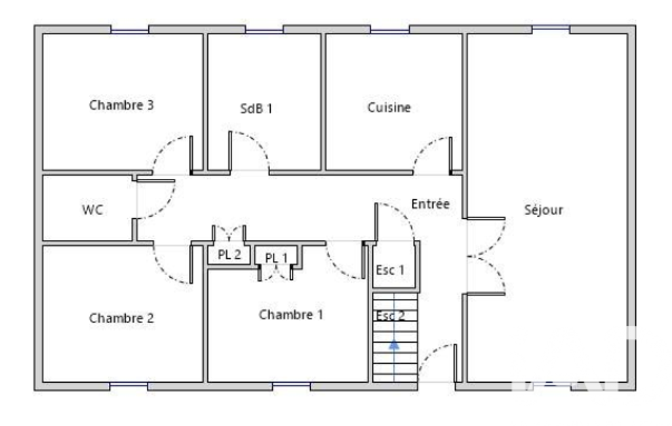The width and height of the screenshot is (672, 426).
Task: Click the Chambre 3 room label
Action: pyautogui.click(x=121, y=105)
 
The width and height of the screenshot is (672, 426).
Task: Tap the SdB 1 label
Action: pyautogui.click(x=256, y=108)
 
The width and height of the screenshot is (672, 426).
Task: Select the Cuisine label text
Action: pyautogui.click(x=389, y=107)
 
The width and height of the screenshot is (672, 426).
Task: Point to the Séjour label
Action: pyautogui.click(x=544, y=210)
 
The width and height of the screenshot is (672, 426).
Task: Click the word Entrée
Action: pyautogui.click(x=430, y=204)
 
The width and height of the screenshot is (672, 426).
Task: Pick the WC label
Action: pyautogui.click(x=92, y=210)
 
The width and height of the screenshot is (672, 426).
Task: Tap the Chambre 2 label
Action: pyautogui.click(x=121, y=318)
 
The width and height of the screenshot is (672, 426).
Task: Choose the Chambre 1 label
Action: pyautogui.click(x=290, y=315)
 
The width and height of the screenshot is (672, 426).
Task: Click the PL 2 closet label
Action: pyautogui.click(x=229, y=254)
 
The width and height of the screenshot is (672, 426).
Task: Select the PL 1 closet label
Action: pyautogui.click(x=276, y=258)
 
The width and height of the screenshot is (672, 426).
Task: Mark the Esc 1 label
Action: pyautogui.click(x=389, y=270)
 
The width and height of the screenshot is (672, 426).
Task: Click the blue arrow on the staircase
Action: pyautogui.click(x=394, y=344)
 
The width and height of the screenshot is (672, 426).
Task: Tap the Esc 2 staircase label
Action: pyautogui.click(x=390, y=316)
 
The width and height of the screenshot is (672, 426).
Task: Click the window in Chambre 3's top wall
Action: pyautogui.click(x=129, y=30)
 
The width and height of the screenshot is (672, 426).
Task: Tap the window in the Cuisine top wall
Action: pyautogui.click(x=389, y=30)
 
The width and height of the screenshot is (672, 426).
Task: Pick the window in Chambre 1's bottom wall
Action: pyautogui.click(x=292, y=387)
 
